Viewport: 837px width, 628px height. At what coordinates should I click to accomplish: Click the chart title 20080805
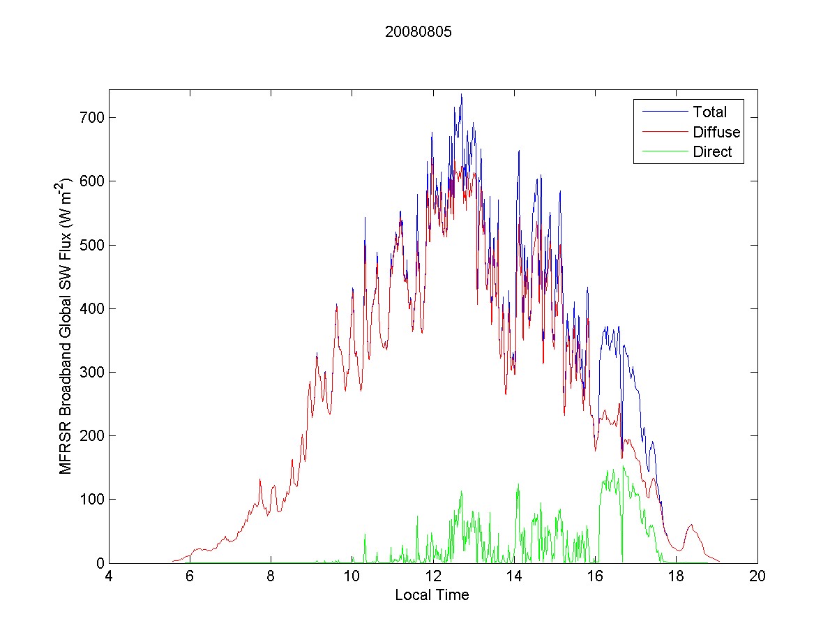click(x=418, y=32)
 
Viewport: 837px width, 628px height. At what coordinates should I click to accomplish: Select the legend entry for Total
click(x=709, y=112)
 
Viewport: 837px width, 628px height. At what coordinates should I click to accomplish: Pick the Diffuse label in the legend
click(x=716, y=132)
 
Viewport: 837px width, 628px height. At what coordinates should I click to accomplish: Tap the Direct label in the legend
click(x=712, y=152)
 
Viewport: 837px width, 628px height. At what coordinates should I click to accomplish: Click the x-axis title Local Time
click(x=432, y=595)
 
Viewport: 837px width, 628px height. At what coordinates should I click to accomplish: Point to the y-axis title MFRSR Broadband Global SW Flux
click(x=66, y=325)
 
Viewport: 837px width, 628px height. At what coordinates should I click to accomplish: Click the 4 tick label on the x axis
click(x=109, y=576)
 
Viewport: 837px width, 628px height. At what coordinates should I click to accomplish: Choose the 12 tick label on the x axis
click(x=433, y=576)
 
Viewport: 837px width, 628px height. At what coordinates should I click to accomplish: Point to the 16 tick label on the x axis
click(x=595, y=576)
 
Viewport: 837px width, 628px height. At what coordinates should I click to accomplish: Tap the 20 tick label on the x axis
click(x=757, y=576)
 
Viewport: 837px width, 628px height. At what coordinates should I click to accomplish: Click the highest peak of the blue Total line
click(x=461, y=95)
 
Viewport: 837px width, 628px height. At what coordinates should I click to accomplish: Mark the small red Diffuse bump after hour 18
click(x=691, y=525)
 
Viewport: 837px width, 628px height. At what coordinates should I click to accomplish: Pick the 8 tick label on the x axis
click(x=271, y=576)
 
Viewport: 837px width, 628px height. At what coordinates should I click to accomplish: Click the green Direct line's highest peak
click(x=623, y=466)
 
